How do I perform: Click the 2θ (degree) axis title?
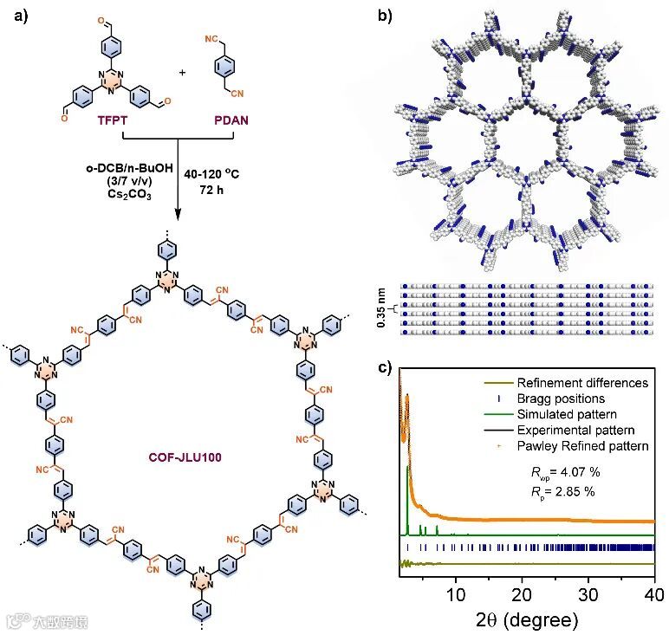[521, 619]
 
